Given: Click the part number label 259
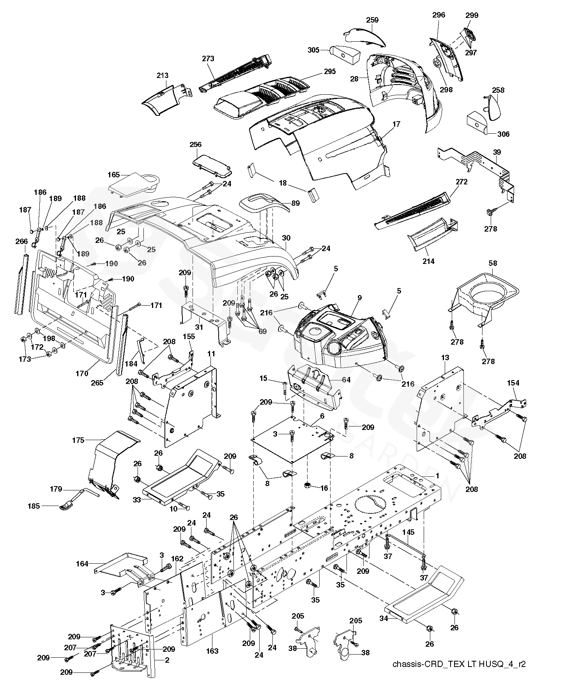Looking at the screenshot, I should pyautogui.click(x=372, y=20).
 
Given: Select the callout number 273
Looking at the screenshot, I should pyautogui.click(x=208, y=59).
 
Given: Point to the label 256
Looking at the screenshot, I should pyautogui.click(x=195, y=145).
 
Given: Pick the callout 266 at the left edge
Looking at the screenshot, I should pyautogui.click(x=21, y=242).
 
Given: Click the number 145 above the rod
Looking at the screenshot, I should pyautogui.click(x=408, y=532).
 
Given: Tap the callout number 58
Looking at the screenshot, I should pyautogui.click(x=493, y=264).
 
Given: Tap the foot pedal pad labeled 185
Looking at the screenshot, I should pyautogui.click(x=67, y=506).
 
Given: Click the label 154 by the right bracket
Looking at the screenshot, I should pyautogui.click(x=513, y=383).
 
